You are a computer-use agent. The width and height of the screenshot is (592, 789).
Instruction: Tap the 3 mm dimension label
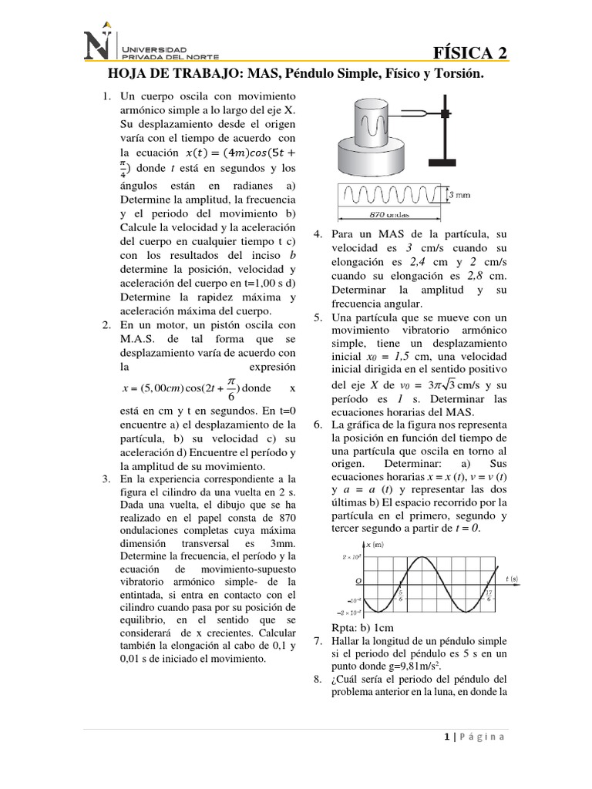click(x=459, y=195)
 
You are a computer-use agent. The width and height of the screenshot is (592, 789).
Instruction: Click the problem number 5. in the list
click(x=318, y=317)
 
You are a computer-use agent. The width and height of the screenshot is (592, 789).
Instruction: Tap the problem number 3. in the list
click(x=106, y=479)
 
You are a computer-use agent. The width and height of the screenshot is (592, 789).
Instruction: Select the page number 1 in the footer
click(x=446, y=736)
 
